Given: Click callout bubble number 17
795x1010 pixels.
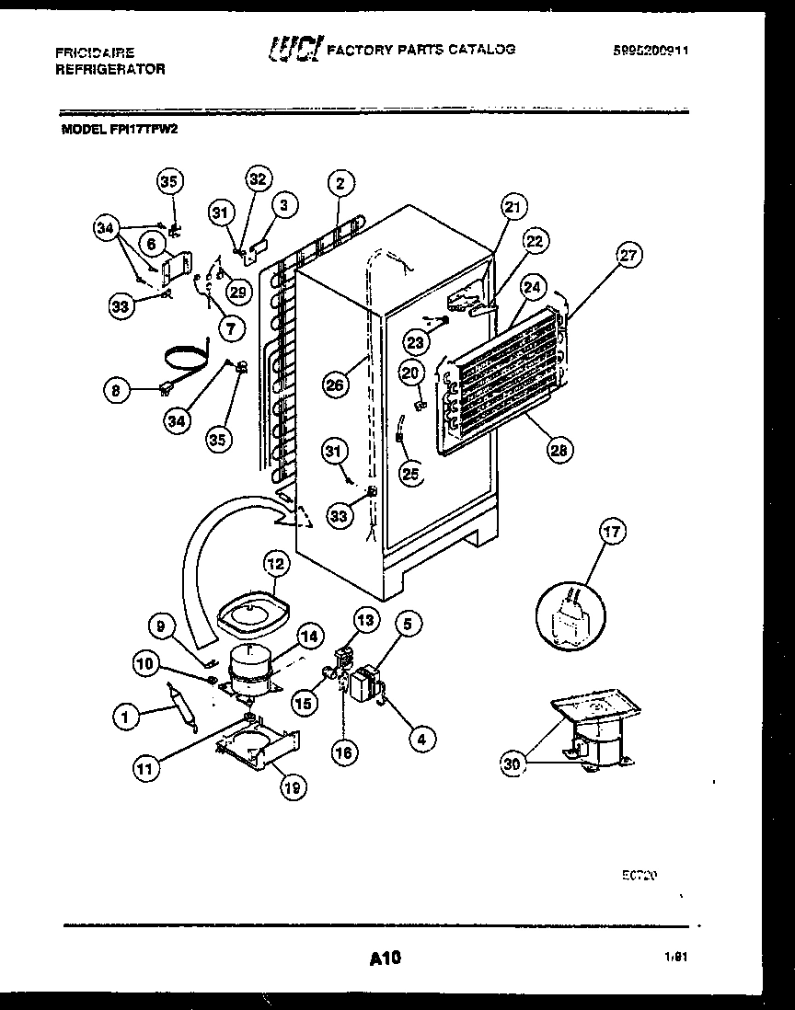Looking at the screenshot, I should tap(613, 531).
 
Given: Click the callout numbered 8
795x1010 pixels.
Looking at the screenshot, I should tap(117, 389).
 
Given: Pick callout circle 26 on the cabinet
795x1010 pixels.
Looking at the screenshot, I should tap(335, 384).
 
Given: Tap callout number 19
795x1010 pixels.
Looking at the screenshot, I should tap(294, 786).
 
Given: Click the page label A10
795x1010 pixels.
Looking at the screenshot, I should tap(386, 958).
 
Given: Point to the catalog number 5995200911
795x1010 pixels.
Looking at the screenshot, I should tap(651, 52).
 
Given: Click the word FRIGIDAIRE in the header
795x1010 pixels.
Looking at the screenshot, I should tap(95, 53).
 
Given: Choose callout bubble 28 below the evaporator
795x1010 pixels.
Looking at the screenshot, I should tap(559, 450).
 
